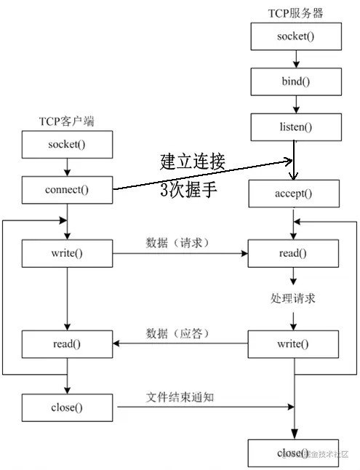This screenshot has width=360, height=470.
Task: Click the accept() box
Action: point(293,194)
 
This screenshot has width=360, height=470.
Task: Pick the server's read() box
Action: point(293,254)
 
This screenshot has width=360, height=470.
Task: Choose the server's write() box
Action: point(293,343)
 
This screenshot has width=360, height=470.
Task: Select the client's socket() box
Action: point(67,144)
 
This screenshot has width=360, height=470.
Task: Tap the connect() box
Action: point(67,191)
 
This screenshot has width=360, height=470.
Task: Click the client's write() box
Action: point(67,254)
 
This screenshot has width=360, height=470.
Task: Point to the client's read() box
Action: point(67,343)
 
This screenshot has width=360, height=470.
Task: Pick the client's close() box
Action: point(67,407)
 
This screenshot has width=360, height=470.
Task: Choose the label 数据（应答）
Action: point(178,333)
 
